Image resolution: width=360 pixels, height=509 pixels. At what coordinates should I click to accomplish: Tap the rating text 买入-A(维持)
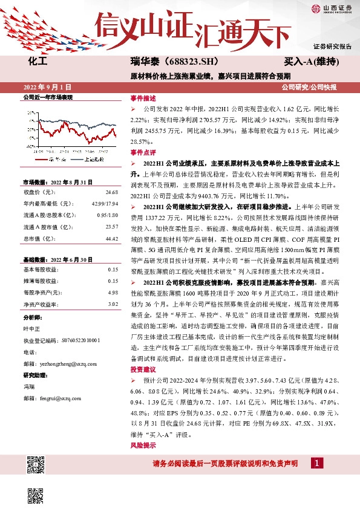point(310,62)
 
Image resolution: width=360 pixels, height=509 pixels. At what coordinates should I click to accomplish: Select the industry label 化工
point(38,62)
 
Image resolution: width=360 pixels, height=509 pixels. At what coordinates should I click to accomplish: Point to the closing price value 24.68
point(111,192)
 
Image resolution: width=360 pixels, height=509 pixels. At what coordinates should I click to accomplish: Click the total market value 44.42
point(111,239)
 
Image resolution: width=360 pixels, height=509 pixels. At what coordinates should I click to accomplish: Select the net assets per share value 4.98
point(113,293)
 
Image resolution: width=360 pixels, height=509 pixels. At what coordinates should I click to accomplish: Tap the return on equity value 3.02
point(113,304)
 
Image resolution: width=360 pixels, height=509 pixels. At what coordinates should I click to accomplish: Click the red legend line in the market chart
point(41,160)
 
